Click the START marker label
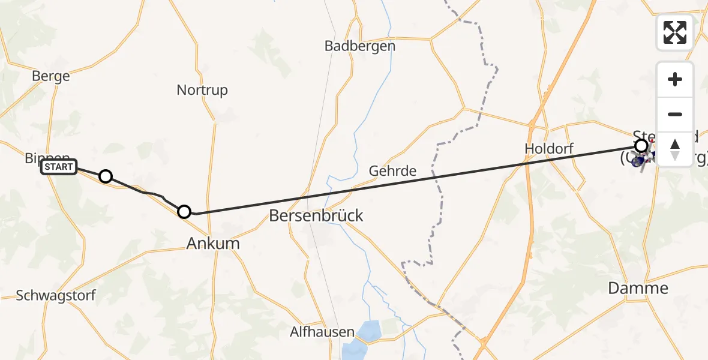point(59,167)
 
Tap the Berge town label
point(51,76)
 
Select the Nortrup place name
point(202,90)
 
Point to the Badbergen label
point(360,46)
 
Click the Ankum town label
point(213,243)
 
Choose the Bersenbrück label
point(316,215)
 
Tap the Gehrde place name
point(392,171)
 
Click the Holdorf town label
point(549,148)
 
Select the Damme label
point(638,288)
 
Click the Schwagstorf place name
point(56,296)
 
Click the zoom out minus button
point(675,114)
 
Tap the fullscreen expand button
point(675,32)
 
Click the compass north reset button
point(675,149)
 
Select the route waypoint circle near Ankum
point(184,212)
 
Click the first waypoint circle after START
point(106,176)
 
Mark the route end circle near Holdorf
point(641,145)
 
